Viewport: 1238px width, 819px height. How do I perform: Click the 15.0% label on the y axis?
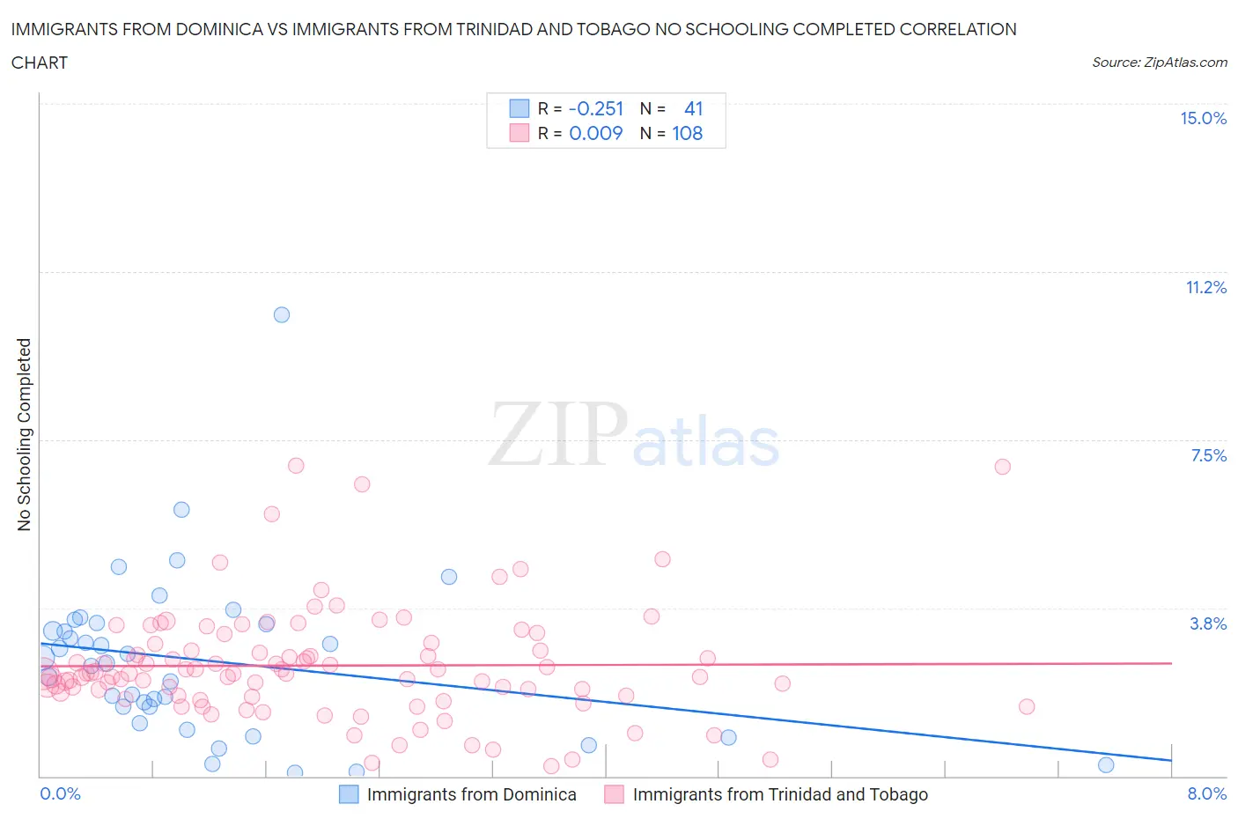point(1203,118)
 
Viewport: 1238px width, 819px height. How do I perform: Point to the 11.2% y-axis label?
point(1205,287)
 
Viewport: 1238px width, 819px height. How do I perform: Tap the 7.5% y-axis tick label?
point(1208,455)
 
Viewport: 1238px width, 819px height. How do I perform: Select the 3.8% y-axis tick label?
point(1208,623)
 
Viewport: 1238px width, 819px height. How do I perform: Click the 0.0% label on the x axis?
point(60,793)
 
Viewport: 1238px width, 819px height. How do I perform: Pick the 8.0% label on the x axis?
point(1206,793)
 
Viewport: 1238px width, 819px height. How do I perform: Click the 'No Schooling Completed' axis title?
point(24,434)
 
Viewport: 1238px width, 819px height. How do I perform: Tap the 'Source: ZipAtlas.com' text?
point(1159,62)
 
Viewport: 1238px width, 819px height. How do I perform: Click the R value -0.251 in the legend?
point(596,108)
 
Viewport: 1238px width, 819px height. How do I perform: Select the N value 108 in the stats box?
point(688,133)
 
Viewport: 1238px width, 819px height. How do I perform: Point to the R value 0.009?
point(596,133)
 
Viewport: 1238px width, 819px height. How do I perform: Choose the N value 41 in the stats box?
point(694,108)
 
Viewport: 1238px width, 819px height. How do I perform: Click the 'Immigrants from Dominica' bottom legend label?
point(471,794)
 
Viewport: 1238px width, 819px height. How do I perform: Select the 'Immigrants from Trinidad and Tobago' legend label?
point(779,794)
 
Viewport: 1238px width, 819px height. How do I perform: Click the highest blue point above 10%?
point(282,314)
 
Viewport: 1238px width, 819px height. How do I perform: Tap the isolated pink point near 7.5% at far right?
point(1002,467)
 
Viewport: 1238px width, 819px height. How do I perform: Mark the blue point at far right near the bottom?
point(1106,764)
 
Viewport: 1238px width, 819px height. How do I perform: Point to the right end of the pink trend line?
point(1171,662)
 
